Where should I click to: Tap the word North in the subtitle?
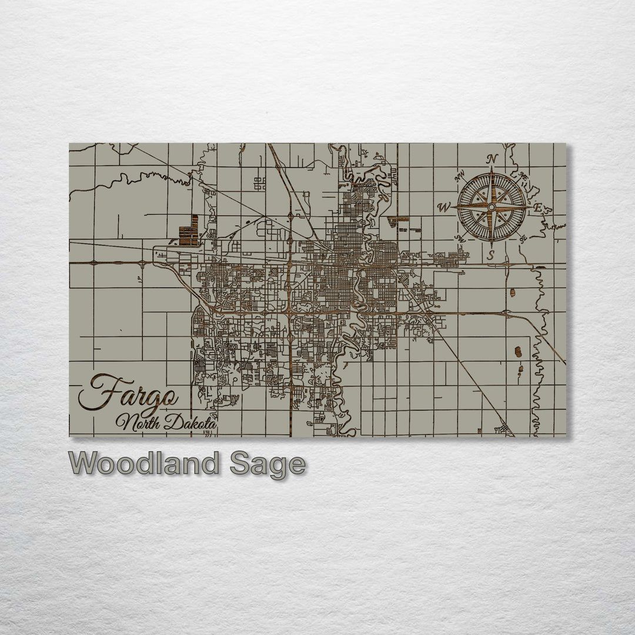click(135, 422)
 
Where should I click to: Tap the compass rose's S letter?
click(491, 255)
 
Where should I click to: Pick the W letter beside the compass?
click(444, 206)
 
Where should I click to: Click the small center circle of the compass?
click(492, 206)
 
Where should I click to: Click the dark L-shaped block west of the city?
click(189, 232)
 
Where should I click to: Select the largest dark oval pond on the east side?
click(518, 352)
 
